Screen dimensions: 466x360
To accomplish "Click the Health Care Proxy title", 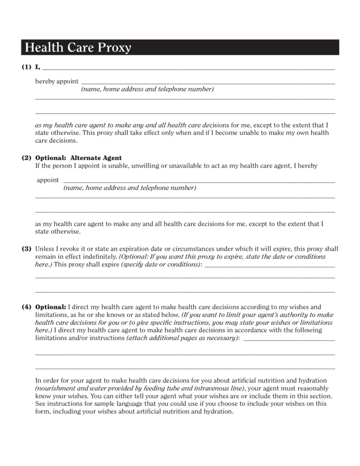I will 78,47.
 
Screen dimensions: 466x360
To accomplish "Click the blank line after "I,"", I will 188,68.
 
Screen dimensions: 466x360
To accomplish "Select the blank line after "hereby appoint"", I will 208,83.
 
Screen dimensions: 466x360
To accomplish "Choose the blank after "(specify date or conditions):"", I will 270,266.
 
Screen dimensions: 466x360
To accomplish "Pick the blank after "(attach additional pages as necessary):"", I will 289,339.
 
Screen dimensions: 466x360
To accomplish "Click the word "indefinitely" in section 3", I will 99,257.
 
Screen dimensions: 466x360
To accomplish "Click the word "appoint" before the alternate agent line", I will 47,180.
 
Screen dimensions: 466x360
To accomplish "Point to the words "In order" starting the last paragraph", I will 47,381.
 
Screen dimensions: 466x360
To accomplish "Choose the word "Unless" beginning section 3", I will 45,249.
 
